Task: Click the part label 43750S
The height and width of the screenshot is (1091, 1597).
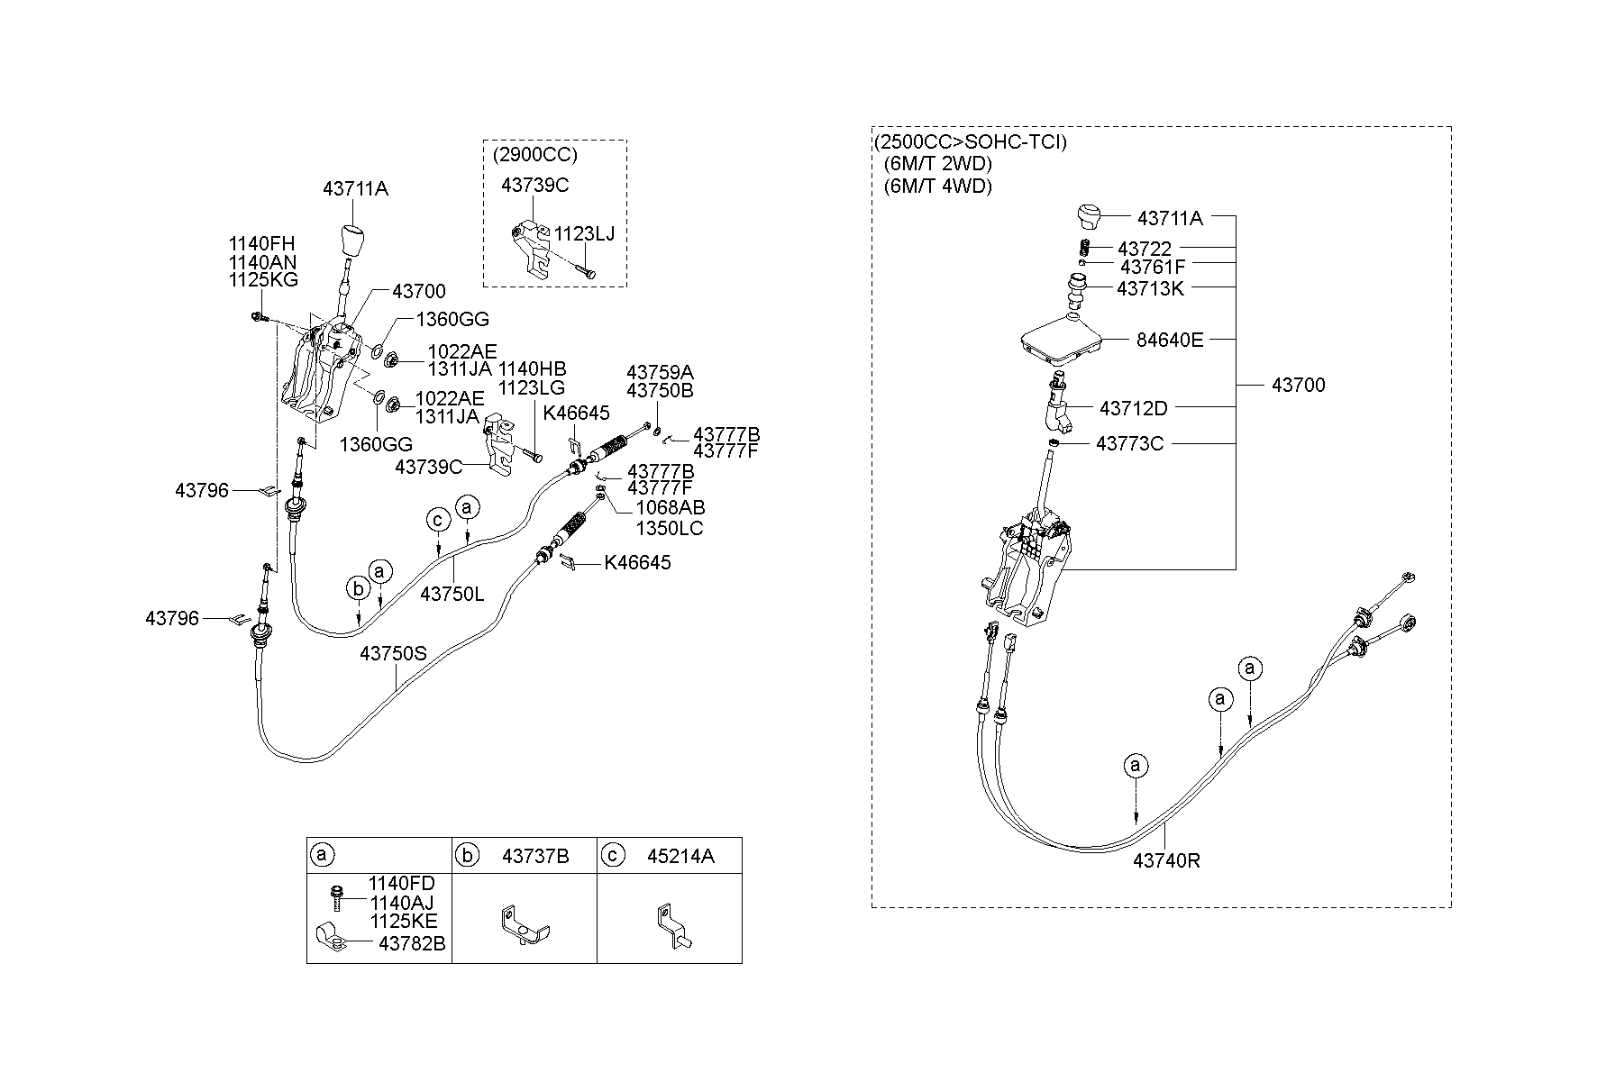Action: (393, 653)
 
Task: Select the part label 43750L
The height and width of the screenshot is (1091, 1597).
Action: (452, 595)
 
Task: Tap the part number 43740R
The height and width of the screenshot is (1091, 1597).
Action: (1166, 860)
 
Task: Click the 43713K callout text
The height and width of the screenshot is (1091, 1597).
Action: (1150, 288)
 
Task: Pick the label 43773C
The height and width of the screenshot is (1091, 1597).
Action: (1129, 444)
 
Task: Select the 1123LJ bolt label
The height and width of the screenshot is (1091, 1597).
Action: (584, 234)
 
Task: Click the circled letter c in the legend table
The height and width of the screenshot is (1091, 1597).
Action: (612, 856)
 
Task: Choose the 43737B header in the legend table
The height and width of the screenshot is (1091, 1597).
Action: (535, 856)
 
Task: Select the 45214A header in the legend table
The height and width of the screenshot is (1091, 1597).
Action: (680, 856)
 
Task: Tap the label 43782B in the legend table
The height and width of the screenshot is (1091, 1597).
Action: (411, 943)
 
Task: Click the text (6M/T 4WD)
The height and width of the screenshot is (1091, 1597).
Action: (937, 186)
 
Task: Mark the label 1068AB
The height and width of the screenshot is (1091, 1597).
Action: (670, 509)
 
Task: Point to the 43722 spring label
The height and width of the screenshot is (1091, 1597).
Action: (1145, 249)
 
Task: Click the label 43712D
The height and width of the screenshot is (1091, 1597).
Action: (1133, 408)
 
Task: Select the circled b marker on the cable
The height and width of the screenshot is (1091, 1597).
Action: (358, 589)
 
